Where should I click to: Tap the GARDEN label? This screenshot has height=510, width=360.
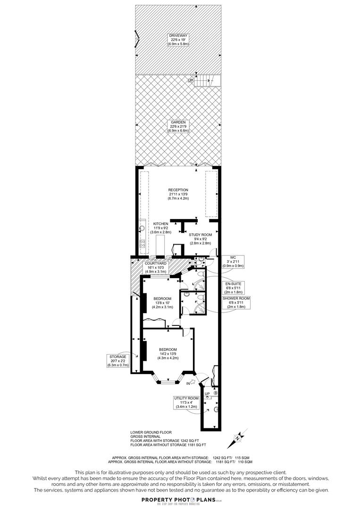point(179,126)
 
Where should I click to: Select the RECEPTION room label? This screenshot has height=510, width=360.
point(178,194)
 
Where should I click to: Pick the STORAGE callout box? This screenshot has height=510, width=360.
point(118,361)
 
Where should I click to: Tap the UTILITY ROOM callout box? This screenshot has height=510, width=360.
point(186,402)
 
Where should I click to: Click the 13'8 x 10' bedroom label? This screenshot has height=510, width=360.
point(163,303)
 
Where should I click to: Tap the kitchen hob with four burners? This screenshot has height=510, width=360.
point(142,245)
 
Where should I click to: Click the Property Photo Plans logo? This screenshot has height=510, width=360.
point(180,501)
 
